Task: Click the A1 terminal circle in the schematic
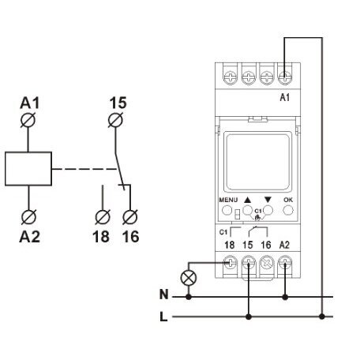point(28,120)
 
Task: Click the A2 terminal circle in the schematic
point(28,217)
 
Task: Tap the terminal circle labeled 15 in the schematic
point(115,120)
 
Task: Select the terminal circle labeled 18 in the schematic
point(103,217)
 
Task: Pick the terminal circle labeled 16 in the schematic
point(130,217)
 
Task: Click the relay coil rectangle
point(28,169)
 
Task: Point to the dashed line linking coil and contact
point(84,169)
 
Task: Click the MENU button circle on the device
point(227,210)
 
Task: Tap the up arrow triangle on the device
point(248,200)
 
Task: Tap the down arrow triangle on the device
point(268,200)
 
